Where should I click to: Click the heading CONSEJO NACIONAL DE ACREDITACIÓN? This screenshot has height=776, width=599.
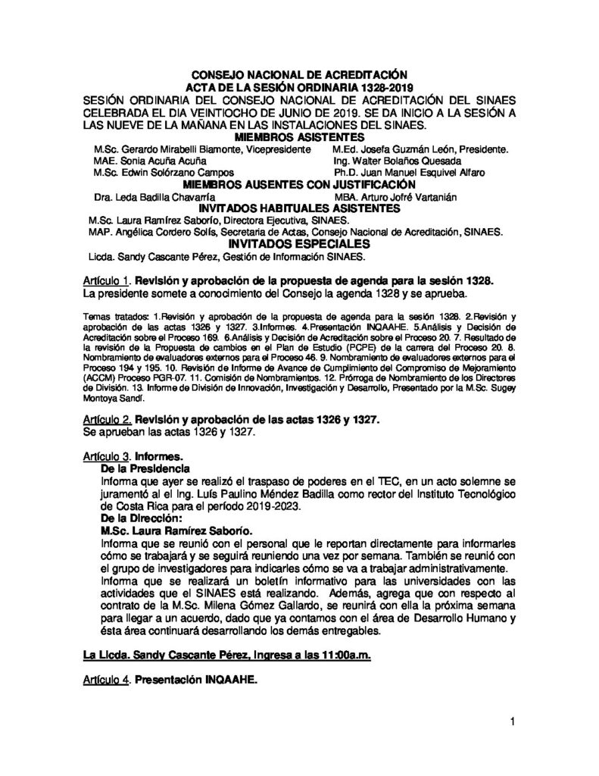point(298,75)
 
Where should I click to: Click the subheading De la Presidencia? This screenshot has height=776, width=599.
point(144,470)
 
